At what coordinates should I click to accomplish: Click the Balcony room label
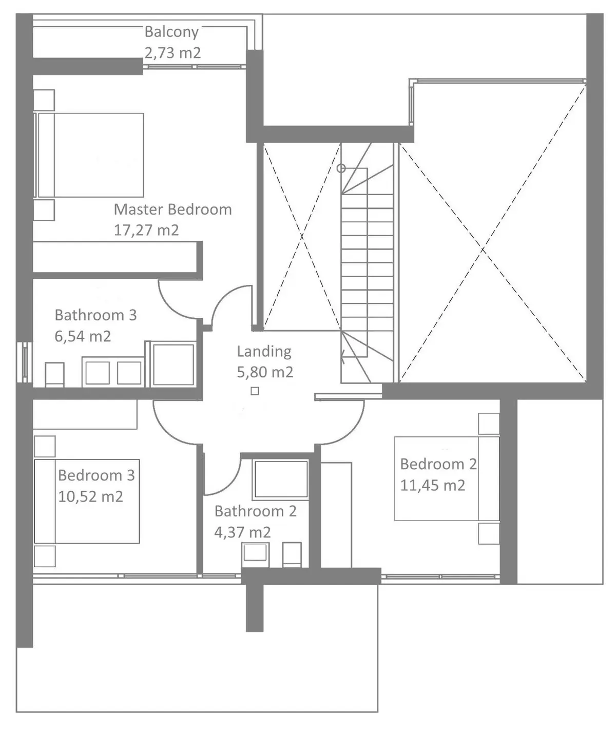(171, 32)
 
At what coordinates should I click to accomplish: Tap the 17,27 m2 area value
(146, 230)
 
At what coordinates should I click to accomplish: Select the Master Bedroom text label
(172, 209)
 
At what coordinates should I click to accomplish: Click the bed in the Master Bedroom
(89, 155)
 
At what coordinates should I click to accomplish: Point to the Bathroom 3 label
(95, 315)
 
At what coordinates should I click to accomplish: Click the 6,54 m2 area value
(83, 336)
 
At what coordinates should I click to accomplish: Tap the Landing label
(264, 351)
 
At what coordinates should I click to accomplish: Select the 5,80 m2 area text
(265, 372)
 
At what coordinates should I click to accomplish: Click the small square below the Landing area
(255, 391)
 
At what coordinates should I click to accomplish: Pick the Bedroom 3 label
(96, 475)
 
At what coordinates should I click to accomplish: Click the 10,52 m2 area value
(90, 496)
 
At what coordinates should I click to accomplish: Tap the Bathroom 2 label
(255, 511)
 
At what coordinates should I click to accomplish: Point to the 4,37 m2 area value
(242, 532)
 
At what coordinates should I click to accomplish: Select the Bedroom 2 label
(438, 464)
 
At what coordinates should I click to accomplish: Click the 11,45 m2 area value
(432, 485)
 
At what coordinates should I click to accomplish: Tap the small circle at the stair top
(341, 168)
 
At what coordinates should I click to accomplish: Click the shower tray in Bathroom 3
(174, 364)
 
